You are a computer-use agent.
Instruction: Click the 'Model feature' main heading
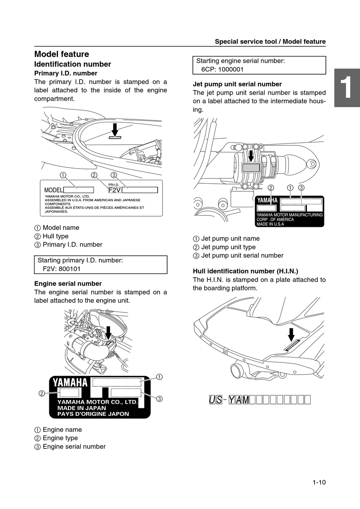pyautogui.click(x=62, y=54)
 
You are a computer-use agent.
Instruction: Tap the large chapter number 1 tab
pyautogui.click(x=346, y=88)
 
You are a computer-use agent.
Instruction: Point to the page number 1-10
pyautogui.click(x=319, y=482)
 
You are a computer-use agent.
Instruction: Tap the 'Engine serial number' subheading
pyautogui.click(x=68, y=284)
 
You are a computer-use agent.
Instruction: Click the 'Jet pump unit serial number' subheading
pyautogui.click(x=237, y=84)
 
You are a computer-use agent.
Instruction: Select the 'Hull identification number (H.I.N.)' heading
pyautogui.click(x=246, y=271)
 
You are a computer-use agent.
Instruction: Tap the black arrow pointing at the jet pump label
pyautogui.click(x=250, y=156)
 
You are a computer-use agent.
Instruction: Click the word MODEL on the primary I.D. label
pyautogui.click(x=53, y=190)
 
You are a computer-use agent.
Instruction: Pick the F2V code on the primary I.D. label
pyautogui.click(x=114, y=190)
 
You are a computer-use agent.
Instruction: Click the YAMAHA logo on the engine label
pyautogui.click(x=70, y=383)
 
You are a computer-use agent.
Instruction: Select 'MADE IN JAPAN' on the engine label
pyautogui.click(x=82, y=408)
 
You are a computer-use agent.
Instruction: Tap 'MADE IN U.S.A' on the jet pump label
pyautogui.click(x=270, y=224)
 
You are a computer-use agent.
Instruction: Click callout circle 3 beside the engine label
pyautogui.click(x=160, y=398)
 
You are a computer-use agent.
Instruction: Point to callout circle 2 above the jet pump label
pyautogui.click(x=271, y=188)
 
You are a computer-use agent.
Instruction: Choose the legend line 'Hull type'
pyautogui.click(x=55, y=236)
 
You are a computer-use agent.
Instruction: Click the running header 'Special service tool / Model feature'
pyautogui.click(x=270, y=42)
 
